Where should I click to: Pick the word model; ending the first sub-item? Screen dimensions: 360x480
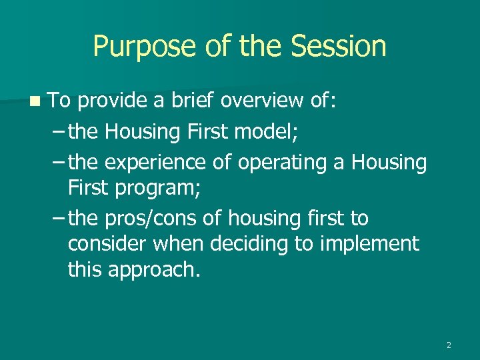click(268, 132)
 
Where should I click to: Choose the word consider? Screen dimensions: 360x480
click(107, 244)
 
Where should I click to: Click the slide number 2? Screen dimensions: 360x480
click(449, 345)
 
